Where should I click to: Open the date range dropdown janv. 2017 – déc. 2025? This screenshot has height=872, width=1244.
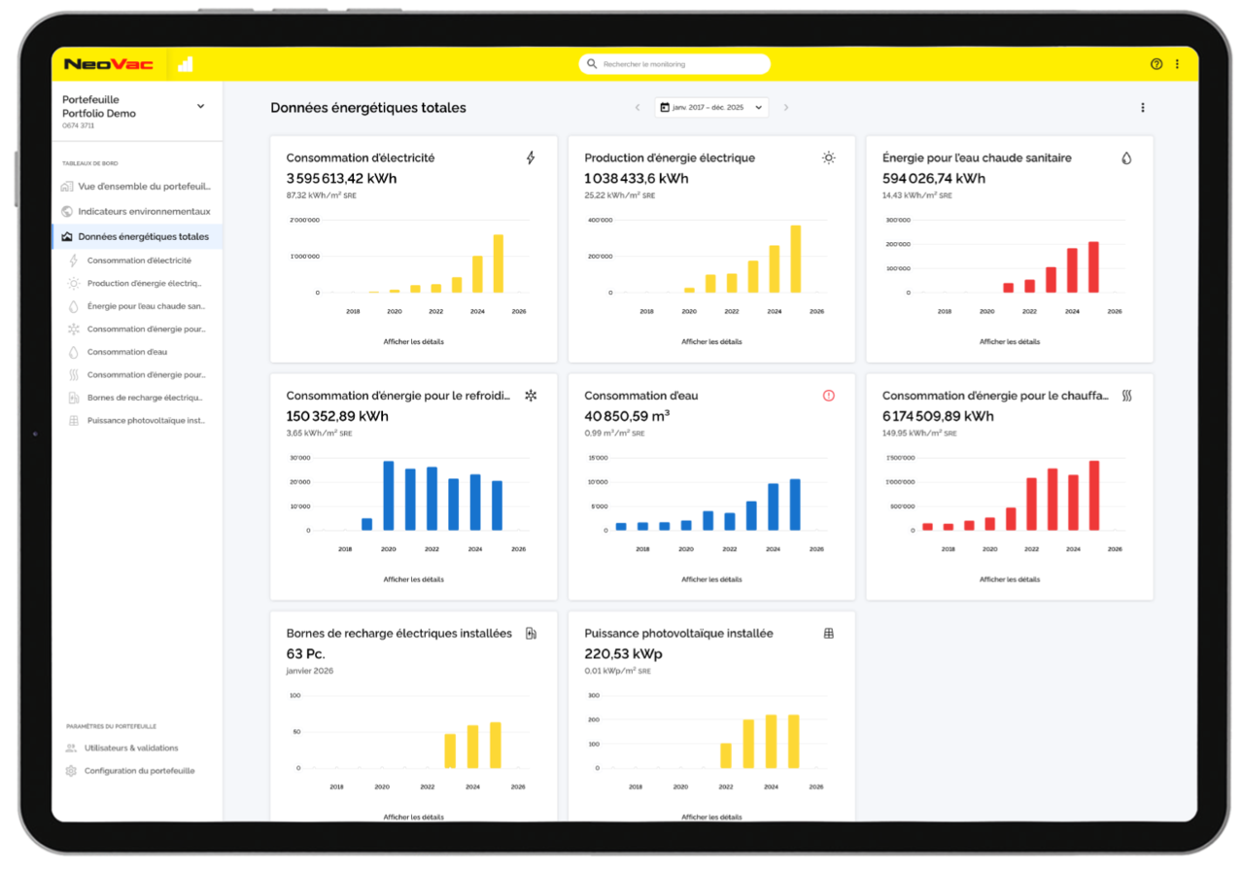tap(711, 107)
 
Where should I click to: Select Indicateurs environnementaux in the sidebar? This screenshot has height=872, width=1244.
tap(144, 212)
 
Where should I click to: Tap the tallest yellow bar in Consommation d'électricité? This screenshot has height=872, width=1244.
tap(499, 263)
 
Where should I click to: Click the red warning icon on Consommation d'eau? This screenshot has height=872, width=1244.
tap(828, 396)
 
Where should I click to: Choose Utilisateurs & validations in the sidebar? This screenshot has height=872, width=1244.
tap(131, 749)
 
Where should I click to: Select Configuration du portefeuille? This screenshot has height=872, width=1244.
tap(139, 771)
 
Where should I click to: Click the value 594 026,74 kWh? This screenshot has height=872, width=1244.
tap(933, 178)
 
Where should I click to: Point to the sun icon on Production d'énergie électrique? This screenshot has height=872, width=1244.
tap(828, 157)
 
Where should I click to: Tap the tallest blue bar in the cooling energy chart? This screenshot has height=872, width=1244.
tap(389, 496)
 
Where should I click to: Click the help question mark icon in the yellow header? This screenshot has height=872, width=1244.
tap(1156, 64)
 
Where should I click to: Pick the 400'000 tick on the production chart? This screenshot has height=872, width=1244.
tap(600, 220)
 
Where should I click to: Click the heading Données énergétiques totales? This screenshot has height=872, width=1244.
tap(368, 108)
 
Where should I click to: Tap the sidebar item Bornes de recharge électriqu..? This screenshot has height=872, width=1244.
tap(145, 398)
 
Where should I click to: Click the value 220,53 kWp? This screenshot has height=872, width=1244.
tap(623, 653)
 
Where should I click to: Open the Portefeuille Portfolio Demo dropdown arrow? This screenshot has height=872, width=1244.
tap(201, 106)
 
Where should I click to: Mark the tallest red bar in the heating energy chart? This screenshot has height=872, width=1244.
tap(1093, 496)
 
